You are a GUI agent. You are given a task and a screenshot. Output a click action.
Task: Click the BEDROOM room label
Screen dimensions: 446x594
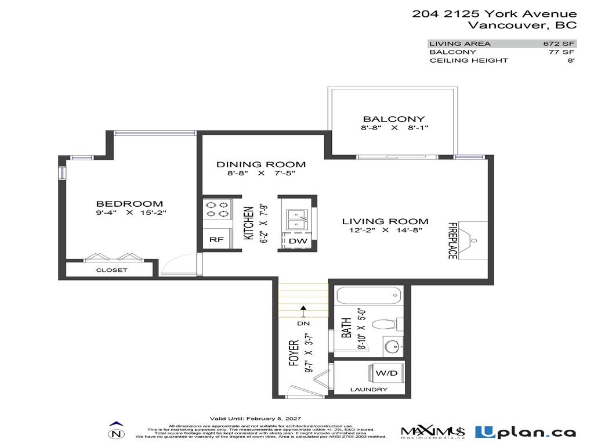[129, 203]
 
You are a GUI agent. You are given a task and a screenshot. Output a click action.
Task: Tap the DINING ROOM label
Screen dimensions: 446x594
[261, 164]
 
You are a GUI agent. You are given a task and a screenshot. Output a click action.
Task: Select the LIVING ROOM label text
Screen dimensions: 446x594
[385, 221]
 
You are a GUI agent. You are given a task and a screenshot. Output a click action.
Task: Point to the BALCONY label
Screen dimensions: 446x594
[394, 119]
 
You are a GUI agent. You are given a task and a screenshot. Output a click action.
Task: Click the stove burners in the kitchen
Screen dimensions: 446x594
[217, 209]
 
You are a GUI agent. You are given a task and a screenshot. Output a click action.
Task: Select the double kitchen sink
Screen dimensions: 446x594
[296, 215]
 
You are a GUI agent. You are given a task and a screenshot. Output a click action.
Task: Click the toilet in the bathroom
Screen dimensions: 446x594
[385, 324]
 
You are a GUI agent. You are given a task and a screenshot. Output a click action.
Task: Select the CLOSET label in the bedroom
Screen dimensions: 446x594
[111, 270]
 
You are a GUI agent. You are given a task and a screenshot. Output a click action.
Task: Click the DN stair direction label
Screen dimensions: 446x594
[303, 323]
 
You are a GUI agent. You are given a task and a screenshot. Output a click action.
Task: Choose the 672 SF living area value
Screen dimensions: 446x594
[559, 44]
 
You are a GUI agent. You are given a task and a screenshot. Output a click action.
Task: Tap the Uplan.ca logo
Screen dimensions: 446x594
[525, 432]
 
